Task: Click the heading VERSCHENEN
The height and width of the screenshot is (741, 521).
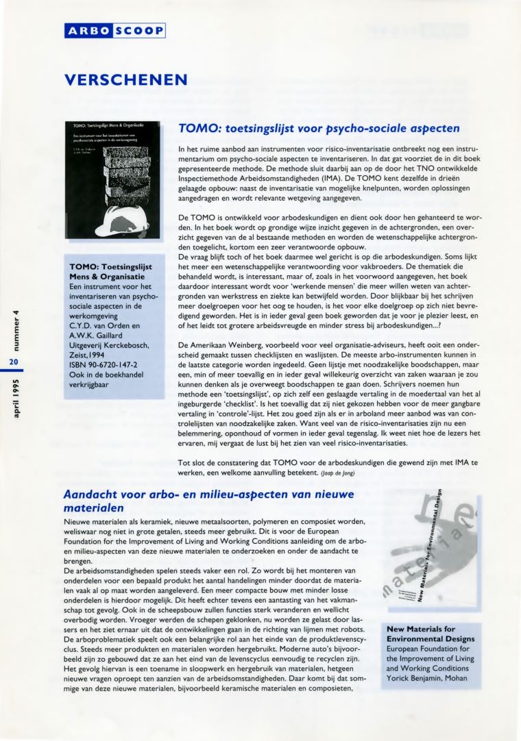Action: (125, 79)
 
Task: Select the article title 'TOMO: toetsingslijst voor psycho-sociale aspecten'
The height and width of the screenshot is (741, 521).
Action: (318, 128)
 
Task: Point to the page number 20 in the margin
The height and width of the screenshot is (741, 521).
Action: (14, 362)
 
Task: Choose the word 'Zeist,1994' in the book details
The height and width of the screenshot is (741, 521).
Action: (91, 353)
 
